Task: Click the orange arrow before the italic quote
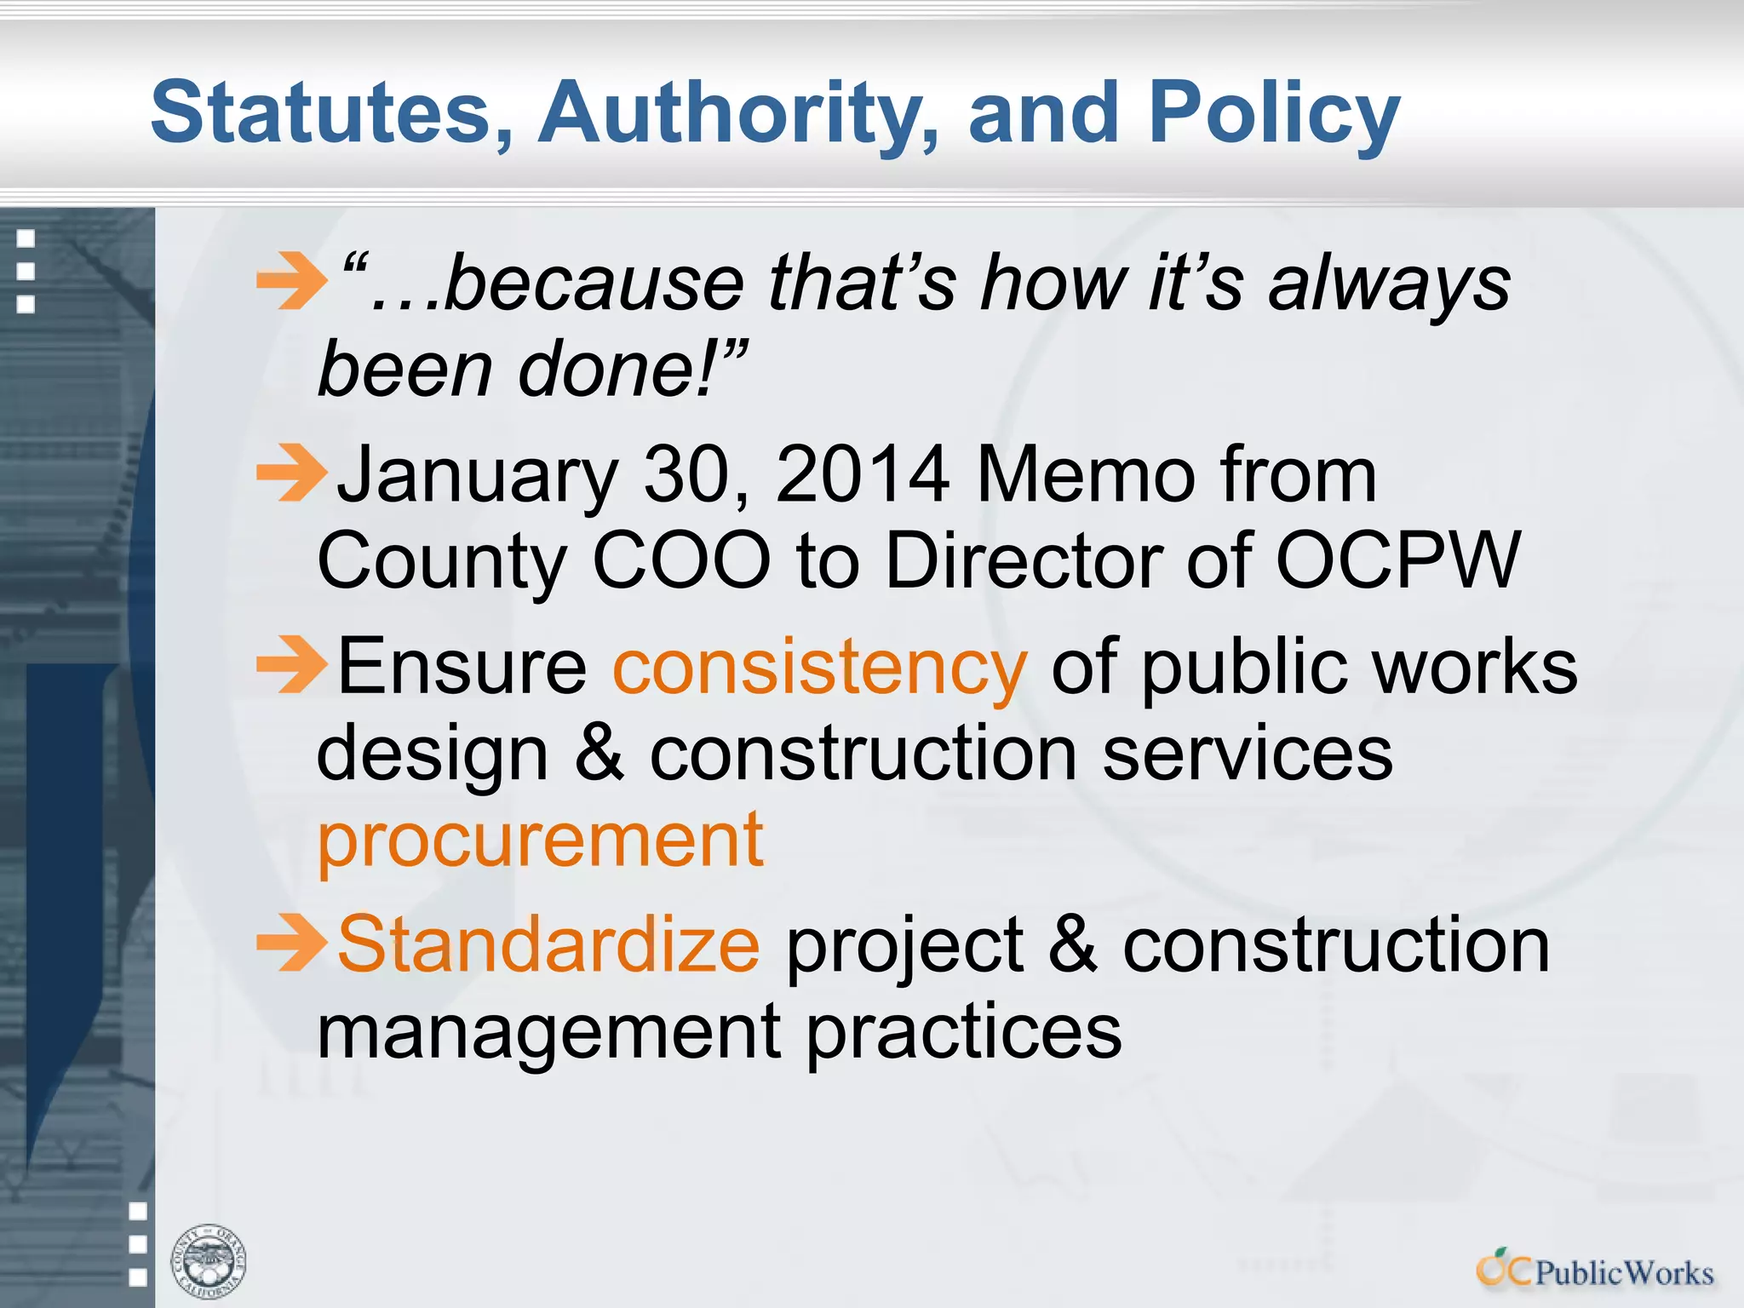tap(291, 280)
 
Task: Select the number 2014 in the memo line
tap(862, 474)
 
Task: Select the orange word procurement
tap(540, 840)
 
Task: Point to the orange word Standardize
tap(548, 944)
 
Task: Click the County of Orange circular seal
tap(209, 1261)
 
